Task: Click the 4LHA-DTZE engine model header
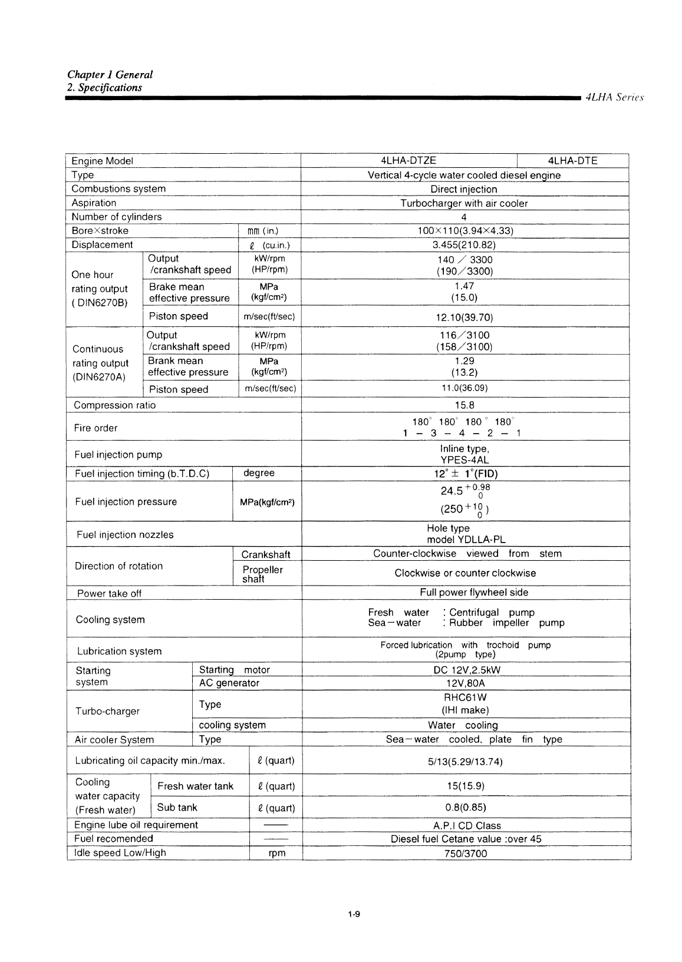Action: pyautogui.click(x=408, y=161)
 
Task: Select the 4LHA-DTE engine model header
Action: pyautogui.click(x=572, y=161)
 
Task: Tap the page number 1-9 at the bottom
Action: pyautogui.click(x=354, y=914)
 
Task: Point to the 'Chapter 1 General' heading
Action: pyautogui.click(x=110, y=75)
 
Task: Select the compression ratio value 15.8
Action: pyautogui.click(x=464, y=405)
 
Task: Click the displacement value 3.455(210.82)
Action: pyautogui.click(x=464, y=245)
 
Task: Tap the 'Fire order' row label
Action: pyautogui.click(x=96, y=428)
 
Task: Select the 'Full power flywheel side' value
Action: pyautogui.click(x=466, y=593)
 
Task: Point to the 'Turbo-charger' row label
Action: pyautogui.click(x=107, y=711)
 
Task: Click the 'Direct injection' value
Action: pyautogui.click(x=464, y=189)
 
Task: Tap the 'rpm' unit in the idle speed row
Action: pyautogui.click(x=276, y=853)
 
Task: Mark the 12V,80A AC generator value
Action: pyautogui.click(x=466, y=683)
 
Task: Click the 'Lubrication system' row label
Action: pyautogui.click(x=119, y=651)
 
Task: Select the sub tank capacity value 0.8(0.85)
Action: pyautogui.click(x=466, y=807)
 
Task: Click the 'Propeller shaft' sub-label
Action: pyautogui.click(x=262, y=574)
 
